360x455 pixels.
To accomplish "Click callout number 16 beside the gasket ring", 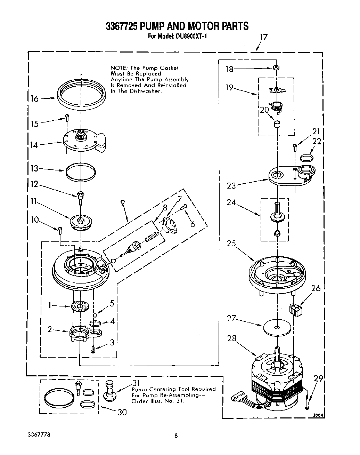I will click(x=34, y=99).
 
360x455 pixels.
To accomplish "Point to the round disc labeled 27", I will click(x=276, y=327).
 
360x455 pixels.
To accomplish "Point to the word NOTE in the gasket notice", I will click(x=119, y=68).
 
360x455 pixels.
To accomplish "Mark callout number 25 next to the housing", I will click(x=231, y=244).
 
